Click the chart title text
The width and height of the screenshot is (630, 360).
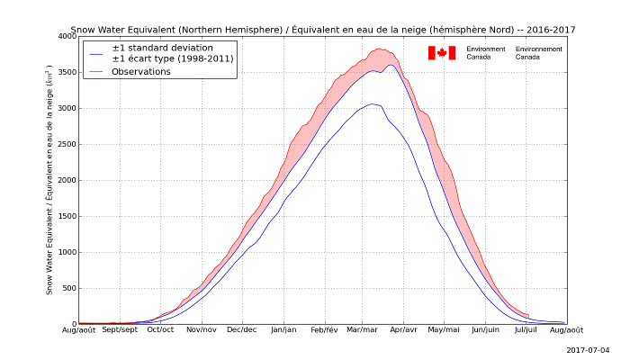tap(322, 30)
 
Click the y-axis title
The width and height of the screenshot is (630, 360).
tap(50, 179)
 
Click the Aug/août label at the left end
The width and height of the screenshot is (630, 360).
tap(78, 330)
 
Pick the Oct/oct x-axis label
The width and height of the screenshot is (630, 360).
tap(160, 330)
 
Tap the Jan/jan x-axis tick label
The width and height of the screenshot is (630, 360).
tap(284, 330)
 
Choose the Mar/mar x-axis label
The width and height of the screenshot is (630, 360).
tap(363, 330)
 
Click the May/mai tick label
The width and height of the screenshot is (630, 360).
tap(444, 330)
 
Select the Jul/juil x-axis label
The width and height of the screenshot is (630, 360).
tap(526, 330)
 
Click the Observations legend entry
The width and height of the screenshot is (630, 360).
tap(141, 72)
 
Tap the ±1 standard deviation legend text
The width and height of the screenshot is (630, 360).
tap(163, 48)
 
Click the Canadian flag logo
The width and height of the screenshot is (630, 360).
tap(442, 53)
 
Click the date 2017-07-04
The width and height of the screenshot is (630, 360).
tap(589, 350)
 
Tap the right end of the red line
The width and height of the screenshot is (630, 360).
tap(528, 315)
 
